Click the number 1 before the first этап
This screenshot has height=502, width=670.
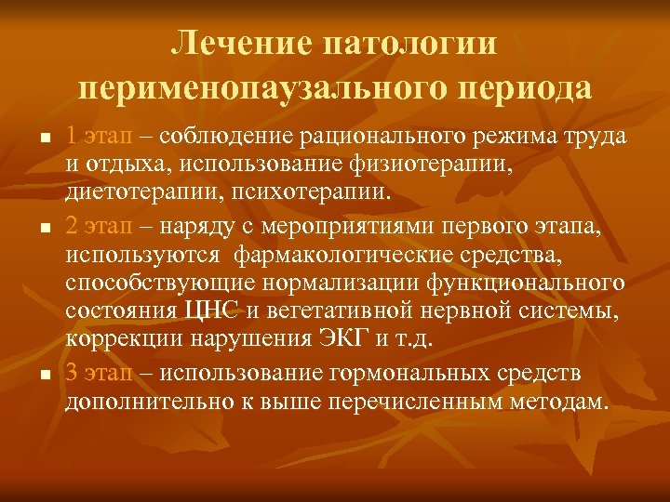(x=72, y=136)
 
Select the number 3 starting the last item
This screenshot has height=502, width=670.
(x=72, y=374)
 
